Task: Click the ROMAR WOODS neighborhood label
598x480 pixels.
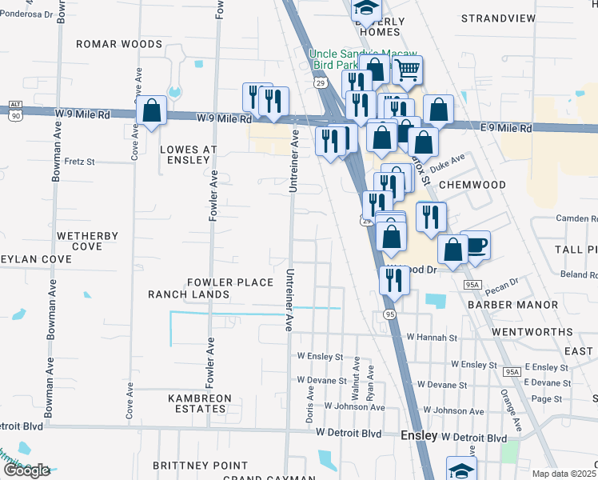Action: click(119, 45)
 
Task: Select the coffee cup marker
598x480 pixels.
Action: click(475, 244)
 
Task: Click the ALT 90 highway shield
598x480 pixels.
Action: click(15, 110)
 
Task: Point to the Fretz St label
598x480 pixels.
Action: click(79, 162)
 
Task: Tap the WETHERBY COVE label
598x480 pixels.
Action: click(88, 242)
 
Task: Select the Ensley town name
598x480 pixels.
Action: click(418, 436)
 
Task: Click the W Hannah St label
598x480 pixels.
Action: click(432, 338)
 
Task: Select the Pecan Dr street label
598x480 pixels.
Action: click(502, 283)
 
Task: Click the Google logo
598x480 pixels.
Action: click(26, 470)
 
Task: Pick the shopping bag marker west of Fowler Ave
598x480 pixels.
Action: click(151, 111)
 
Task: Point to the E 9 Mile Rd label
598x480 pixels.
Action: click(506, 128)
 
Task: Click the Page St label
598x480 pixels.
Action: click(547, 398)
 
